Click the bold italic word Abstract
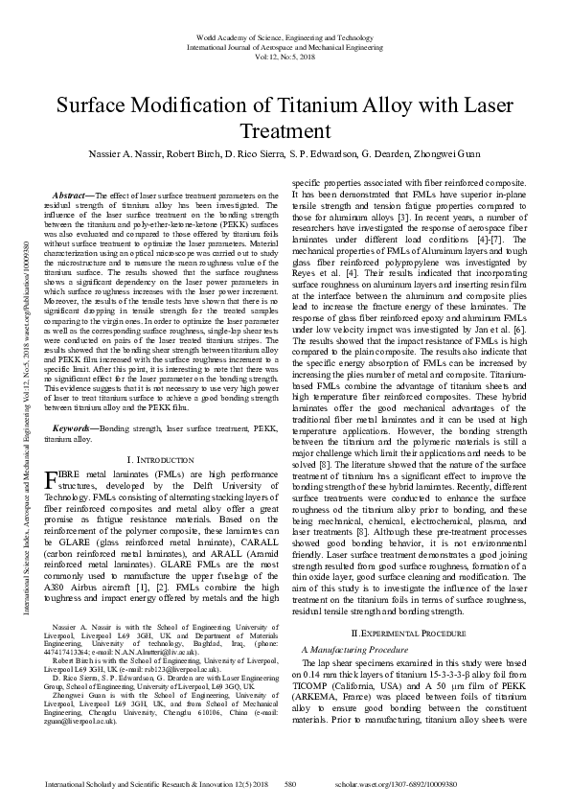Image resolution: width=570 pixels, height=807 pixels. point(74,195)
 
